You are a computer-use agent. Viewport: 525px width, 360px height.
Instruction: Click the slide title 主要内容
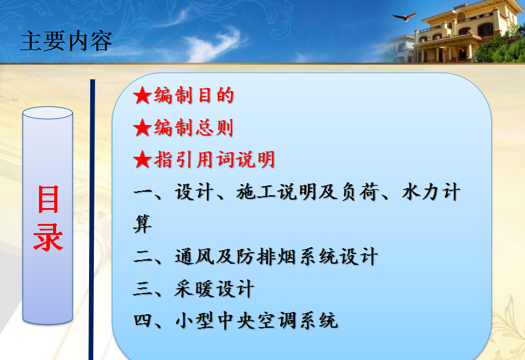[x=66, y=41]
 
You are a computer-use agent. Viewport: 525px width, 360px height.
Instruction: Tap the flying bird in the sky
[x=404, y=16]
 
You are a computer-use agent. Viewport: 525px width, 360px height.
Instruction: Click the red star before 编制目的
[x=142, y=95]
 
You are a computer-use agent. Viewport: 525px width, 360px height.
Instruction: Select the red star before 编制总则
[x=142, y=128]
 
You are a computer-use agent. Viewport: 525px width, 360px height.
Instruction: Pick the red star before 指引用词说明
[x=142, y=159]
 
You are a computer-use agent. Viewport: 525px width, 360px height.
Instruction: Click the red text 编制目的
[x=194, y=95]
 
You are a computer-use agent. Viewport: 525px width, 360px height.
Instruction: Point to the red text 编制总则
[x=193, y=128]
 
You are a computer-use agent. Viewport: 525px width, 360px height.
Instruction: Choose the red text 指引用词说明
[x=215, y=159]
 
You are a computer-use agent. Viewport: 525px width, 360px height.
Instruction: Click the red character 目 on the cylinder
[x=48, y=200]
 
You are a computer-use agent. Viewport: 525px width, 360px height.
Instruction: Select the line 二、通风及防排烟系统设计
[x=255, y=257]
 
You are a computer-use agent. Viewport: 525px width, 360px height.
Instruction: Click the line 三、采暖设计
[x=193, y=289]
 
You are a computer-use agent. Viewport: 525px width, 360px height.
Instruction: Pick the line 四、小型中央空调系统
[x=235, y=320]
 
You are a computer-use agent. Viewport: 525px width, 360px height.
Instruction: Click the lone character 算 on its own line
[x=143, y=224]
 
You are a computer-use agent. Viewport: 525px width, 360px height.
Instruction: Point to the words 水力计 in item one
[x=431, y=192]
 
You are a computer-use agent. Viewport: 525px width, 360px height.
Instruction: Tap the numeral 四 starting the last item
[x=143, y=320]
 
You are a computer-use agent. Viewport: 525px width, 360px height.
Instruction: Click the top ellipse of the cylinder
[x=48, y=113]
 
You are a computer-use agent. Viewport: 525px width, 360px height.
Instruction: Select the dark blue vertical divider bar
[x=91, y=220]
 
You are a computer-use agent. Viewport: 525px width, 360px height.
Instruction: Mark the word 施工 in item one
[x=256, y=192]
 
